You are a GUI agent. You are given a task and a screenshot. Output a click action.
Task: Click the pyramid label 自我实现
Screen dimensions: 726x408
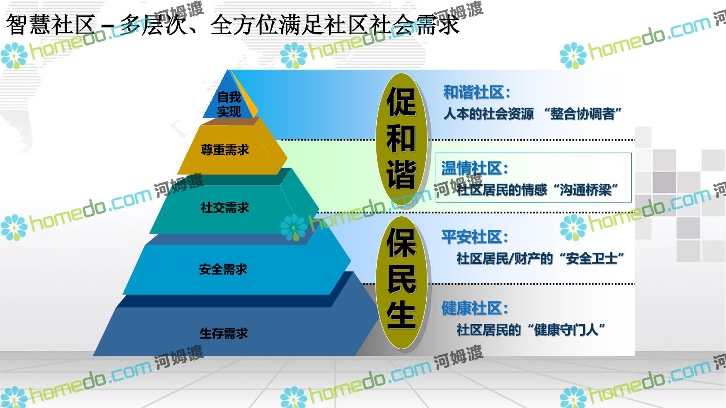tap(229, 104)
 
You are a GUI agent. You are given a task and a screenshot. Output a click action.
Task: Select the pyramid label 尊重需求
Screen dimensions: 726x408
tap(225, 150)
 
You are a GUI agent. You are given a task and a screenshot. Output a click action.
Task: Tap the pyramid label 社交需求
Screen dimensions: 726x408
tap(225, 208)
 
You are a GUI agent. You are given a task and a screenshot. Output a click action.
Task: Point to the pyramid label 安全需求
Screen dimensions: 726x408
tap(223, 269)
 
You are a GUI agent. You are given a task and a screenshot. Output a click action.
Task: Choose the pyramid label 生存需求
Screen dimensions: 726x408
tap(224, 334)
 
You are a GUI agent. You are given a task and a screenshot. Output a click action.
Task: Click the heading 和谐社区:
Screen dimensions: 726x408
tap(477, 92)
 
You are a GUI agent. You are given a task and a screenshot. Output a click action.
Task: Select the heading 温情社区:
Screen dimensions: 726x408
tap(474, 169)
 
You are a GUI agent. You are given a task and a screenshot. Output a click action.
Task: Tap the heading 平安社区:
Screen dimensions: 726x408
tap(474, 237)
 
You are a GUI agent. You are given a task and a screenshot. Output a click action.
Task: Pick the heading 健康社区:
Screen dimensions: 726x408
tap(474, 308)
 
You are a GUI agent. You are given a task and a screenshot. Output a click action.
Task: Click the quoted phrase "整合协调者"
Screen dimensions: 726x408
tap(582, 114)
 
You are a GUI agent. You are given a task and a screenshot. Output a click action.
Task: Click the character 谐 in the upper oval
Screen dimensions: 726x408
tap(401, 175)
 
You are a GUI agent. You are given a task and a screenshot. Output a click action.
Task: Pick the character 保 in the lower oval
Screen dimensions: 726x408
tap(401, 243)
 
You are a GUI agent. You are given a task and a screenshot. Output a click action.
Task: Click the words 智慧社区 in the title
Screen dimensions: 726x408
tap(51, 25)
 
